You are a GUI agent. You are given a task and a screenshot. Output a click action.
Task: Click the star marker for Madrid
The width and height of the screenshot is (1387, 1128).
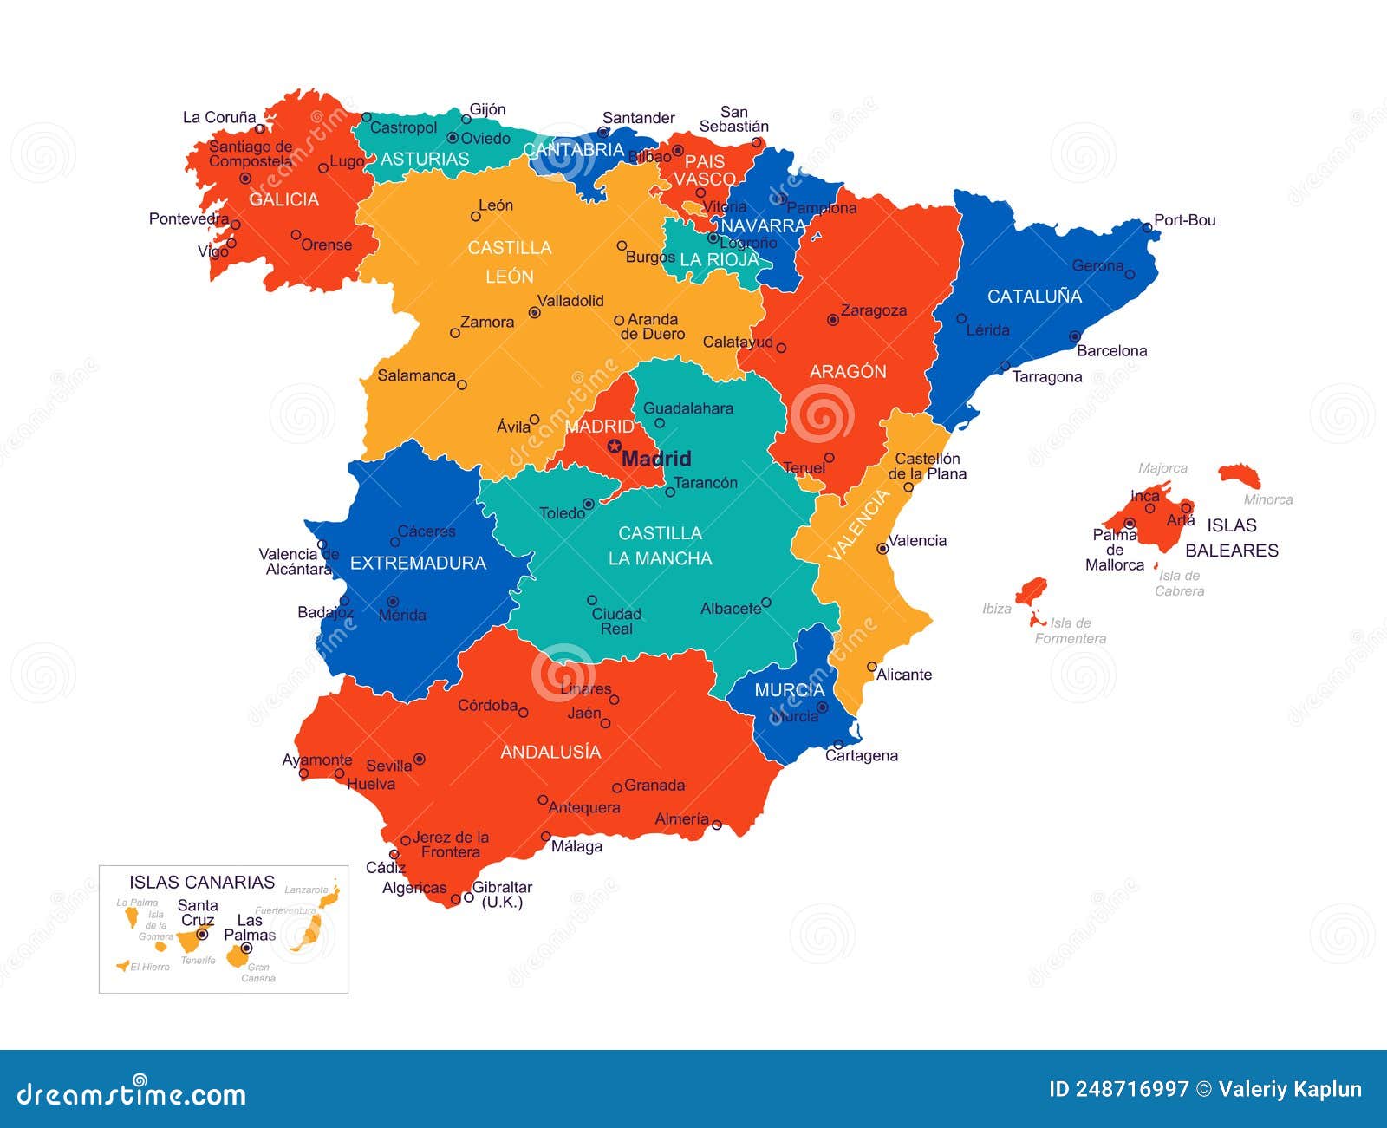point(614,447)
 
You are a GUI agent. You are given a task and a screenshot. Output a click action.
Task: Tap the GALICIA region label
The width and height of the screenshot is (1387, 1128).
point(283,199)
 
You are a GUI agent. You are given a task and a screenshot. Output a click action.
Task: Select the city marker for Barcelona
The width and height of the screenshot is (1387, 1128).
point(1074,336)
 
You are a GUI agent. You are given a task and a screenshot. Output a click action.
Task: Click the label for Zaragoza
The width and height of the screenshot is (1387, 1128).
point(874,310)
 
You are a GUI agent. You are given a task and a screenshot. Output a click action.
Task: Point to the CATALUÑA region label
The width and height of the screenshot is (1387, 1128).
point(1034,297)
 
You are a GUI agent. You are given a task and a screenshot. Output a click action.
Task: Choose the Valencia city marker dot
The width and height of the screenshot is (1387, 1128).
point(882,548)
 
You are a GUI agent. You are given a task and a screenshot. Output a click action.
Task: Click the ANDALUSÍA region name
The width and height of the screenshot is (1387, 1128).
point(550,752)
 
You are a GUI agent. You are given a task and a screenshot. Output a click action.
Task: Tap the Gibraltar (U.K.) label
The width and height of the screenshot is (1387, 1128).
point(502,894)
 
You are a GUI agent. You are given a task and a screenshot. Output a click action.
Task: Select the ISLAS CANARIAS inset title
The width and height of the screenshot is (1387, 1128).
point(202,883)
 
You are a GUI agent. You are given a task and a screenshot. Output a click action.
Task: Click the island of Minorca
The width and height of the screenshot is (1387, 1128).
point(1239,475)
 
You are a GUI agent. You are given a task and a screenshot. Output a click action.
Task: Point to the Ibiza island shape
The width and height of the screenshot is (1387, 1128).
point(1031,591)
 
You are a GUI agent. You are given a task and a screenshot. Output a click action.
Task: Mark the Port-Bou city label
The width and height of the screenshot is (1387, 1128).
point(1184,220)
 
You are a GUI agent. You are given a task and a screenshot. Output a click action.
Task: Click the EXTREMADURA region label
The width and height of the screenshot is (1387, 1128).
point(418,564)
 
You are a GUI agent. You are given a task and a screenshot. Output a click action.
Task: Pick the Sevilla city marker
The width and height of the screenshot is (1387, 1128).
point(420,759)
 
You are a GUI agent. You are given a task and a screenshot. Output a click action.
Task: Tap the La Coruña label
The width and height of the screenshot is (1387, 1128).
point(219,117)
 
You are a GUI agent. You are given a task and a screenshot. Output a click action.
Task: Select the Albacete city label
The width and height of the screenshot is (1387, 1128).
point(730,609)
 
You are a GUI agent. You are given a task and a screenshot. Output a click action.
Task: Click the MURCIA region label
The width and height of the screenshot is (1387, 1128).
point(789,690)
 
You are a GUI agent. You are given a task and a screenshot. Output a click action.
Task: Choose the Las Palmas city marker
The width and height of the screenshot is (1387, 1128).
point(246,948)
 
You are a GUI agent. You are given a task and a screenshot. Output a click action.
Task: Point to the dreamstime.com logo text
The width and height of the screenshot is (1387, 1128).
point(132,1094)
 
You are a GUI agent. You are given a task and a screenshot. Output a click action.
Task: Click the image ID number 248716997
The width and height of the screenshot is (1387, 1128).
point(1131,1089)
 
